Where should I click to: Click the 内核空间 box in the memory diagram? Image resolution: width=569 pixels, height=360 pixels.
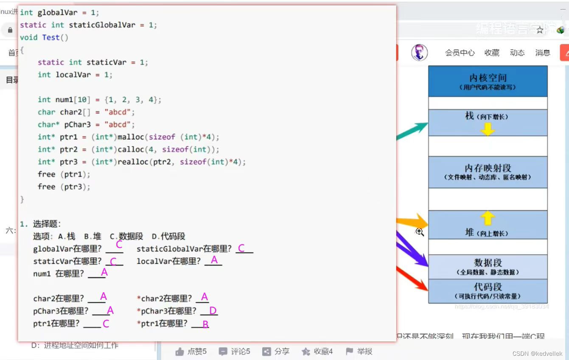coord(488,81)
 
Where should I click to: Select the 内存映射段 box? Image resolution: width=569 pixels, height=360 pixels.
coord(488,172)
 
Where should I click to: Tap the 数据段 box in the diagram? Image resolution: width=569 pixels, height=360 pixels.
coord(488,267)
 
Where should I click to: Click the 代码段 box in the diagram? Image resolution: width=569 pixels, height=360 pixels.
coord(488,291)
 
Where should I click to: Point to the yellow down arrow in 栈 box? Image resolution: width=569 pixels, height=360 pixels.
coord(488,129)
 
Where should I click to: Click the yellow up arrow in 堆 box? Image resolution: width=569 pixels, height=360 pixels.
coord(488,218)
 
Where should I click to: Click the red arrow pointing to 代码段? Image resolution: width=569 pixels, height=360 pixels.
coord(414,279)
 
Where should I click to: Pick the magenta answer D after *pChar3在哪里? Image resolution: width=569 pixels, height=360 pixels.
coord(213,311)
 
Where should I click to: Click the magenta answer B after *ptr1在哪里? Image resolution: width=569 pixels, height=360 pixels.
coord(205,324)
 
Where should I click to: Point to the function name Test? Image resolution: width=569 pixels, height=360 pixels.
coord(51,37)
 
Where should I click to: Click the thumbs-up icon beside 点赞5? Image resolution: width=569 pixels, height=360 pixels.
coord(179,352)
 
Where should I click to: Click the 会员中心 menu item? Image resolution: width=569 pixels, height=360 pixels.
coord(460,53)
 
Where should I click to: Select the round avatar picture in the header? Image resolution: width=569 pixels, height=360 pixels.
coord(419,52)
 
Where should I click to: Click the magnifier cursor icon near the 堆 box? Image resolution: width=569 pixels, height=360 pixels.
coord(420,232)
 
